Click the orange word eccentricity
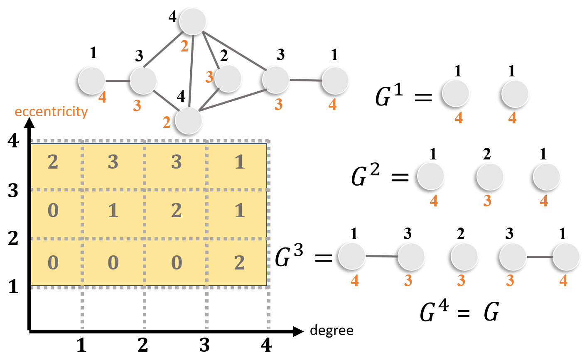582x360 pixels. [51, 112]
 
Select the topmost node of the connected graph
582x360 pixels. [193, 21]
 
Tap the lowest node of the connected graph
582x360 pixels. [189, 120]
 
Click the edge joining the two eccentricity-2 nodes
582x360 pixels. [191, 71]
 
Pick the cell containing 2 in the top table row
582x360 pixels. [53, 162]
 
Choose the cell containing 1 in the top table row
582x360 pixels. [239, 162]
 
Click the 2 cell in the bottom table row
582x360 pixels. [239, 263]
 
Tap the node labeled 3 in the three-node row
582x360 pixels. [490, 176]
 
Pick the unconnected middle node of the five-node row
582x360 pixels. [464, 257]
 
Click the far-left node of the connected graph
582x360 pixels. [92, 81]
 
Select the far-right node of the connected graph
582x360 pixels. [335, 81]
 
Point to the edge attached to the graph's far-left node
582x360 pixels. [118, 81]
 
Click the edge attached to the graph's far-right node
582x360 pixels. [306, 80]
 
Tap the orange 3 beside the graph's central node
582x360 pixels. [209, 77]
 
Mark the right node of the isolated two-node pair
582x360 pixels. [515, 94]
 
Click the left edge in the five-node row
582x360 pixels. [382, 257]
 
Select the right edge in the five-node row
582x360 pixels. [540, 257]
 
